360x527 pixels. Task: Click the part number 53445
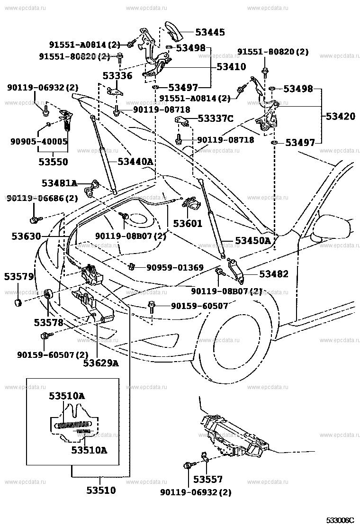(210, 32)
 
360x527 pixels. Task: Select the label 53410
(231, 66)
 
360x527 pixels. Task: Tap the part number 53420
(340, 116)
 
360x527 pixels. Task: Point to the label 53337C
(216, 118)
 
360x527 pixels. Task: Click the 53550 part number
(53, 162)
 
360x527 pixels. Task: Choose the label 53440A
(135, 162)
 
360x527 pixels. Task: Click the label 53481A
(59, 183)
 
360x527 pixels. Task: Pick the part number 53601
(188, 224)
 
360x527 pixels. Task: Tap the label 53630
(26, 236)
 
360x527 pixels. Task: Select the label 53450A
(253, 241)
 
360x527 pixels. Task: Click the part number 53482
(274, 274)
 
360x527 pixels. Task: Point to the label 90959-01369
(175, 268)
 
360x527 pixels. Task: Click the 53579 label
(19, 277)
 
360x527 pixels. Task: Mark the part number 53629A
(101, 363)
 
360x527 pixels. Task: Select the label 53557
(208, 479)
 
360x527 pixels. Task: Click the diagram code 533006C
(340, 521)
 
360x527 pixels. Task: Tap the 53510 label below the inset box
(101, 491)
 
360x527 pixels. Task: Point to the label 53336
(117, 76)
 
